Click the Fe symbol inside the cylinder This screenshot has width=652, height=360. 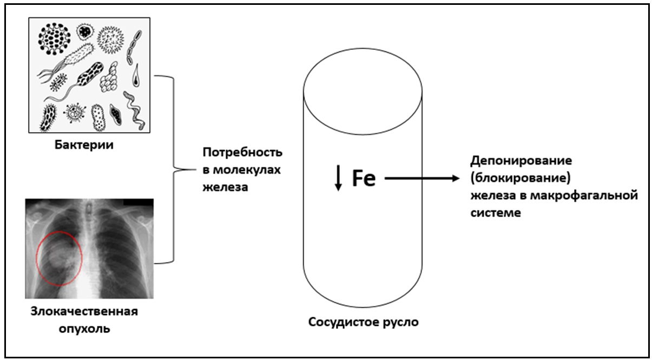364,178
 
